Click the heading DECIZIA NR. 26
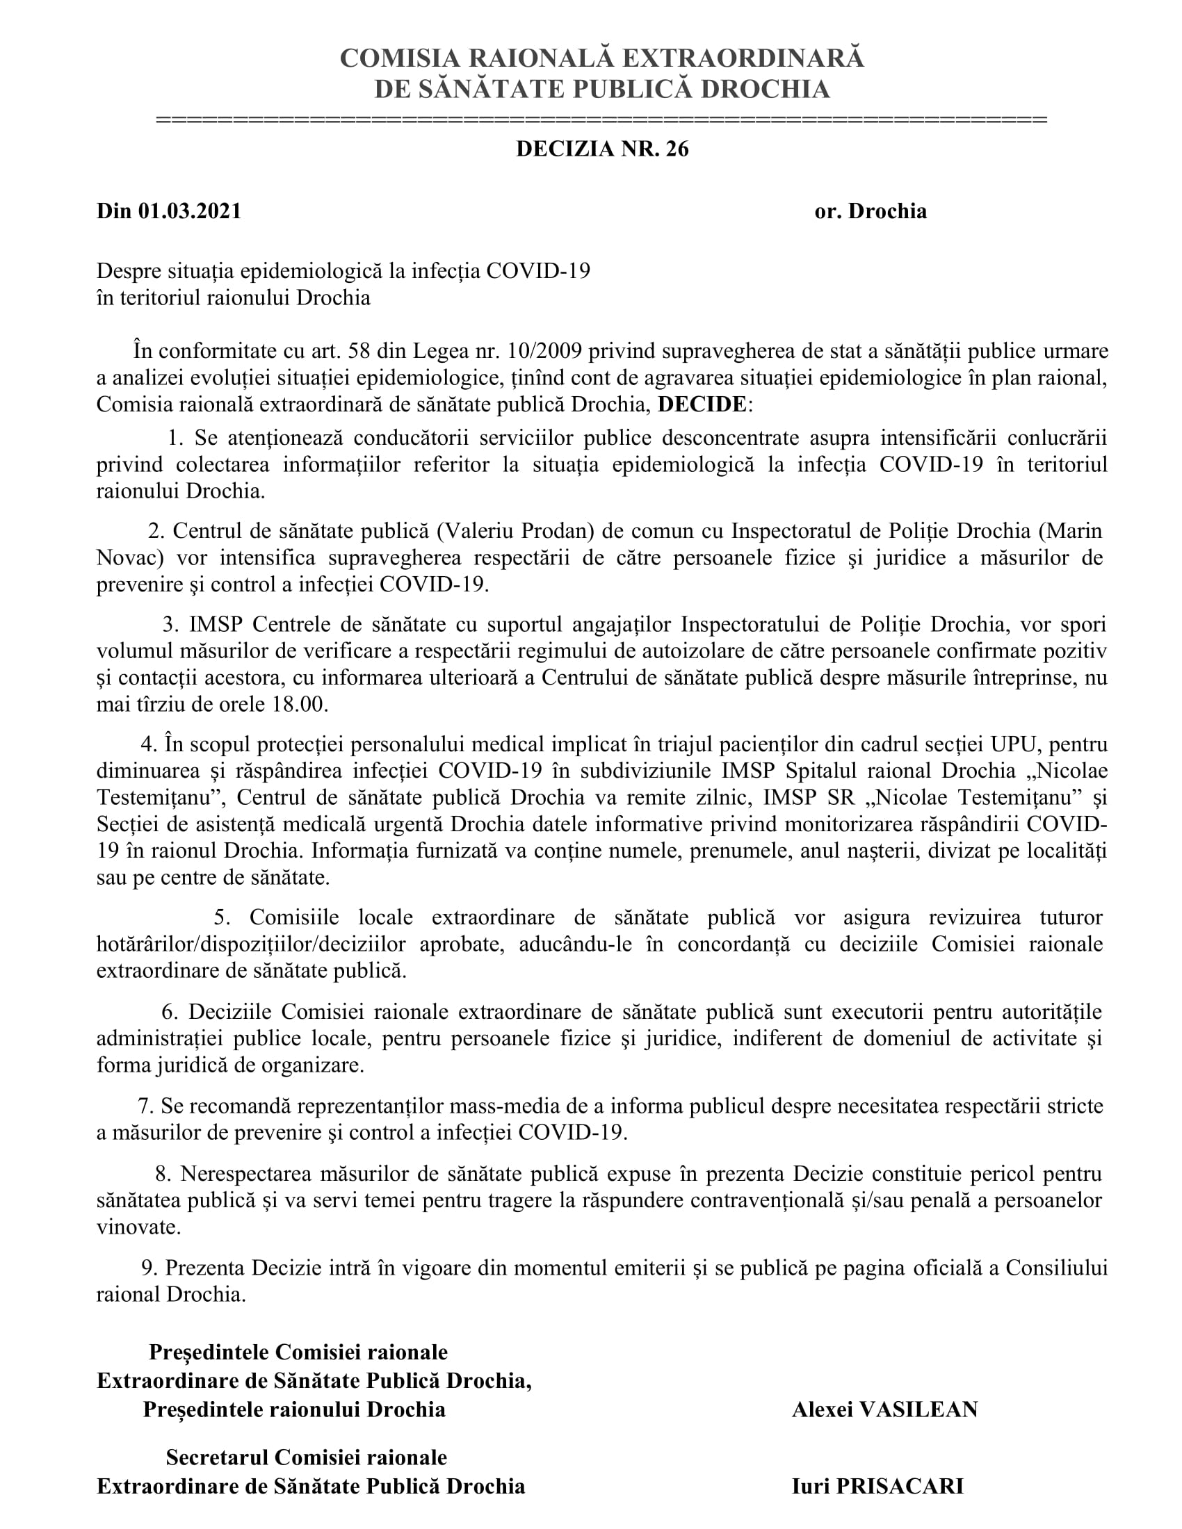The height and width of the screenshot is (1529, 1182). [x=602, y=149]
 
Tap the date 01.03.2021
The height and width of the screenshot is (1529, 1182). [x=190, y=211]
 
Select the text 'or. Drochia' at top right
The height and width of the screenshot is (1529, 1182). [x=871, y=211]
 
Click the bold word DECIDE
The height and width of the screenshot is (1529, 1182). [x=702, y=404]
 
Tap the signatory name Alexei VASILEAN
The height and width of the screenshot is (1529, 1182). [x=884, y=1409]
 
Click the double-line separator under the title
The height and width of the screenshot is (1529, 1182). [x=601, y=120]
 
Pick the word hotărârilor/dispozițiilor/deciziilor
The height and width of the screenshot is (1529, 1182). [x=251, y=945]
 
